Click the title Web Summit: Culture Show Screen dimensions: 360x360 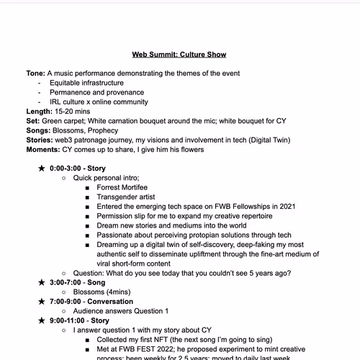pyautogui.click(x=179, y=54)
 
